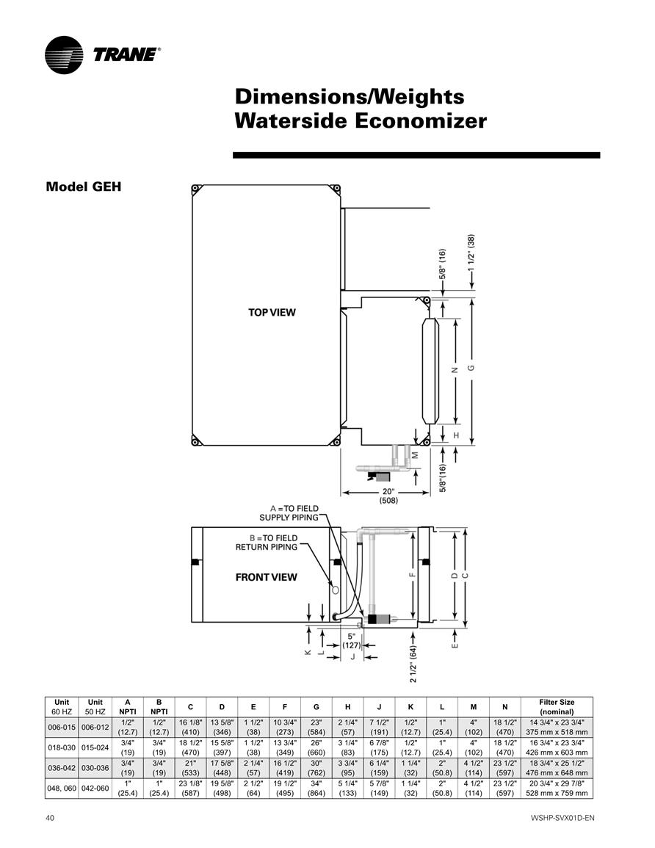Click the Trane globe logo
[64, 54]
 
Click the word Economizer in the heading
[420, 120]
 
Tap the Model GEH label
[83, 186]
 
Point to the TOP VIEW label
[272, 312]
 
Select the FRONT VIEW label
[266, 577]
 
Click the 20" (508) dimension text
[388, 496]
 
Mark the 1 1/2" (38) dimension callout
[471, 253]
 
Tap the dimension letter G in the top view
[471, 368]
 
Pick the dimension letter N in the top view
[455, 371]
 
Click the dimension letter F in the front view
[412, 575]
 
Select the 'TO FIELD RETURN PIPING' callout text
[267, 543]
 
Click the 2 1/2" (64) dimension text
[413, 664]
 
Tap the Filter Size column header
[557, 707]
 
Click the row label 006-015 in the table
[62, 728]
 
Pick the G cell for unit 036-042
[316, 768]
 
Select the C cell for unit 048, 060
[190, 788]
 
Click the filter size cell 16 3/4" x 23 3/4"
[557, 742]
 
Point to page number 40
[50, 818]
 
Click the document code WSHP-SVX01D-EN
[562, 818]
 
